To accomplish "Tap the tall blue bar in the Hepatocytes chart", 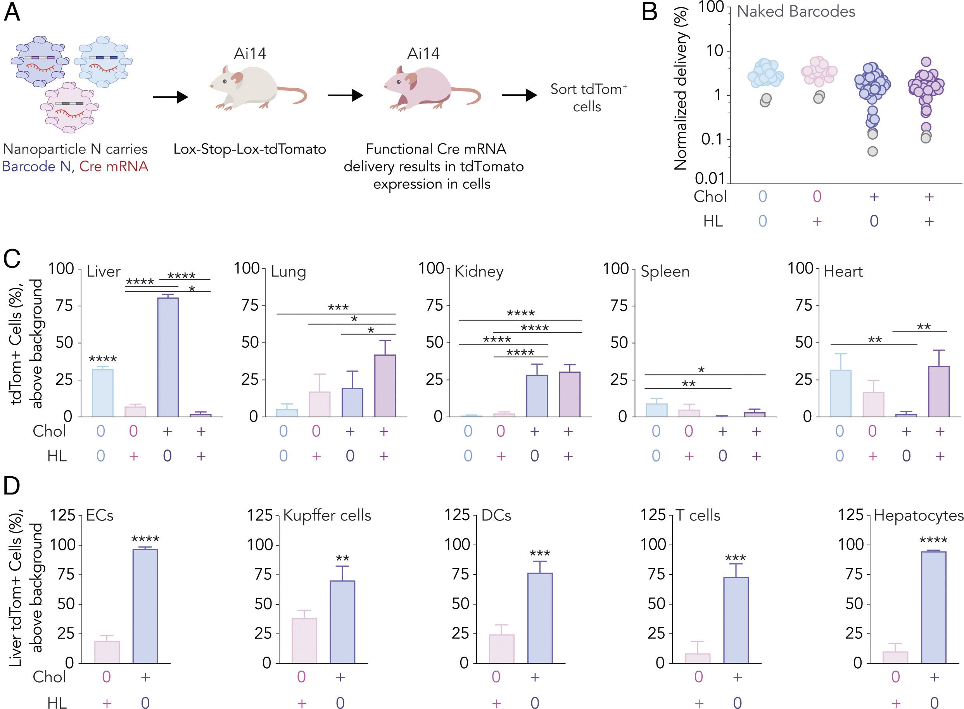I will coord(933,607).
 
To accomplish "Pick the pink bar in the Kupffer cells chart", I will coord(304,641).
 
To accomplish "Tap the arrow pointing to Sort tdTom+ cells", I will coord(519,95).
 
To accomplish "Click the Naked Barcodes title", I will coord(796,12).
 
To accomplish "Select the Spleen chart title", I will coord(665,271).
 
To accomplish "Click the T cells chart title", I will coord(698,515).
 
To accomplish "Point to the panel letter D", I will coord(12,486).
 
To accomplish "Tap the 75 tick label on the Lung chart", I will coord(250,306).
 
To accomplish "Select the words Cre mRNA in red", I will coord(114,166).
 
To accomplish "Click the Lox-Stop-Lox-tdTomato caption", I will coord(250,149).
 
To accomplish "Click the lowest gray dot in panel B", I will coord(872,151).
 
